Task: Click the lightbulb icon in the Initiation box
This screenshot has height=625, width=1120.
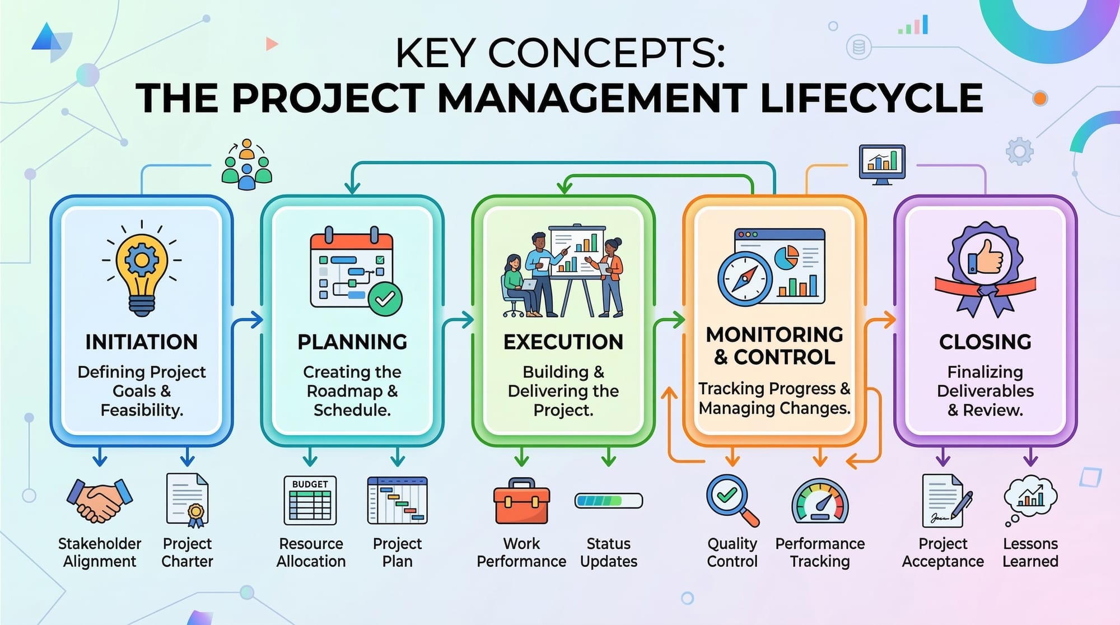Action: pos(142,269)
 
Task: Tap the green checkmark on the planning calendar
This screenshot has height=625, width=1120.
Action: pos(385,299)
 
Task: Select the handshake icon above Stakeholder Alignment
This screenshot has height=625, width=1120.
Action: pos(100,500)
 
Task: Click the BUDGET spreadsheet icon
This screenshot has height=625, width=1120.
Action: pos(310,500)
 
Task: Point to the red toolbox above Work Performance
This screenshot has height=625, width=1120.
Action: pos(521,501)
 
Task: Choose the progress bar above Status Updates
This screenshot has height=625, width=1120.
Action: pos(609,500)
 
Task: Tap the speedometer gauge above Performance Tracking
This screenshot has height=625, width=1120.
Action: pos(820,501)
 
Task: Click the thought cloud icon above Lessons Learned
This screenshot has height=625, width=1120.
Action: pos(1029,501)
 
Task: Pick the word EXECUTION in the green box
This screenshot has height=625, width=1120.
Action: pos(563,342)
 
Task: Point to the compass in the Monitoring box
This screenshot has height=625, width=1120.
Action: pos(745,278)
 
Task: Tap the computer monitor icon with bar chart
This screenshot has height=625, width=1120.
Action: pos(882,164)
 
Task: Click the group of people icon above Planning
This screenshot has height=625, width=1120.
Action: pos(247,165)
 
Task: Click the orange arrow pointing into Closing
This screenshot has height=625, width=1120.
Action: pos(880,320)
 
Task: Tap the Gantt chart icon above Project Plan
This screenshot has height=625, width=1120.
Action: pos(397,500)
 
